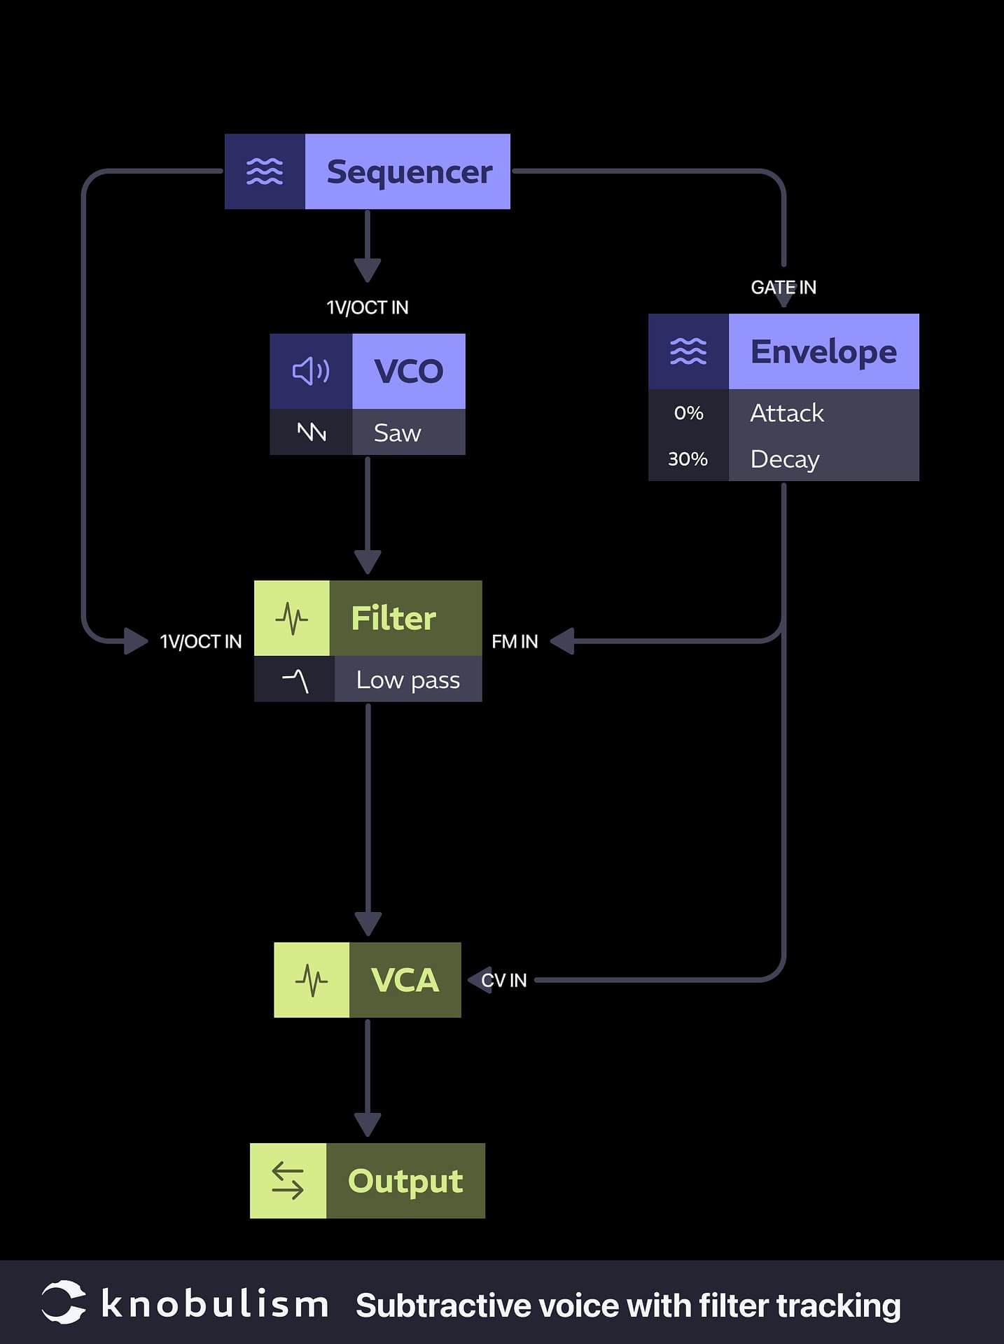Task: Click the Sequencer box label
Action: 409,172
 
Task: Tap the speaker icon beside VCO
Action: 311,371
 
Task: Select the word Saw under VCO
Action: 397,433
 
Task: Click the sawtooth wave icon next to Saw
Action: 312,432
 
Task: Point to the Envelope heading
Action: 823,351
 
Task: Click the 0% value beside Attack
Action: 688,413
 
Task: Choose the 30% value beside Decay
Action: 688,459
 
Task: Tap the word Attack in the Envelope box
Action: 787,413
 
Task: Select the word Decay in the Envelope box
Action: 785,459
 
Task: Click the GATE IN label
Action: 783,287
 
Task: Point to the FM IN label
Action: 515,641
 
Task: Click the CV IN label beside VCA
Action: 504,980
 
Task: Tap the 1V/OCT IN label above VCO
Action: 368,307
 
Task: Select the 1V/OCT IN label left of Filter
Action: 201,641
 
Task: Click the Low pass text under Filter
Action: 408,680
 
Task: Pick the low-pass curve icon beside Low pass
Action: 295,680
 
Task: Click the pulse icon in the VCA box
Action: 312,980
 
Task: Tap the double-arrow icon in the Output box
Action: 288,1181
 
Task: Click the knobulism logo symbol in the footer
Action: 63,1303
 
